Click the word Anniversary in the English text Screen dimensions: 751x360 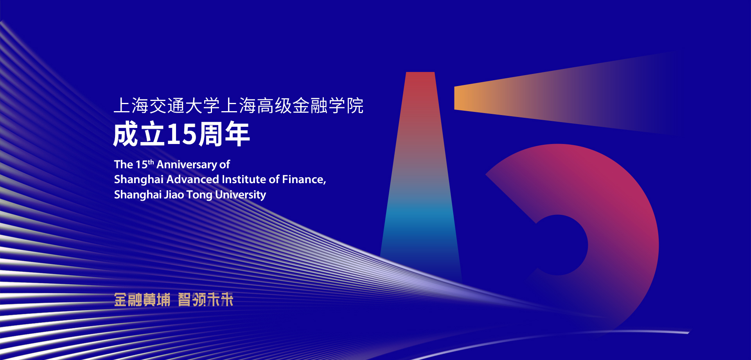187,165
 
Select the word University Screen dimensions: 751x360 241,195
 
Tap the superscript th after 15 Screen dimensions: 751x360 151,162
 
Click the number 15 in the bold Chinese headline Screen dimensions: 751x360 181,135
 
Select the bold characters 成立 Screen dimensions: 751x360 139,135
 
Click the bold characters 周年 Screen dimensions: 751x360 224,135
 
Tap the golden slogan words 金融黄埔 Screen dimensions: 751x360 142,300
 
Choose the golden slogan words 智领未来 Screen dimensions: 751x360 206,300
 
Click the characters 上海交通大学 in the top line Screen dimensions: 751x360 167,106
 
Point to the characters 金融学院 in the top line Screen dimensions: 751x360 328,106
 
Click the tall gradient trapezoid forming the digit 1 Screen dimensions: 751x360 420,176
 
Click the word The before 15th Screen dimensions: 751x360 123,165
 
